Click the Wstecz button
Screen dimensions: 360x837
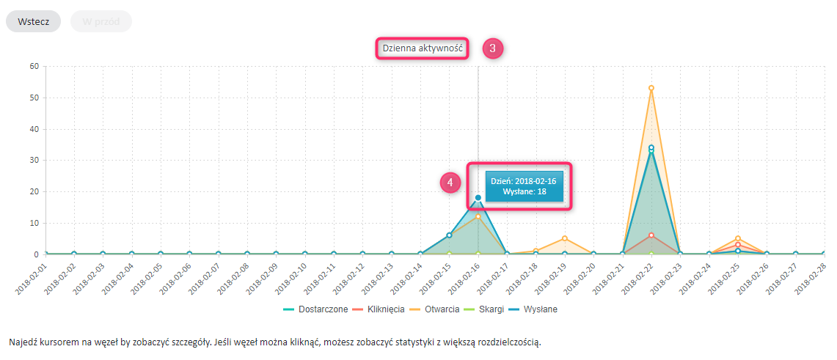point(33,21)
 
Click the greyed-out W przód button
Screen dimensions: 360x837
point(101,21)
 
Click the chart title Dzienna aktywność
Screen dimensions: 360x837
point(423,48)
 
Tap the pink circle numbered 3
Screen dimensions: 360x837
point(492,48)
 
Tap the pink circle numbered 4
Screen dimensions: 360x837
point(450,183)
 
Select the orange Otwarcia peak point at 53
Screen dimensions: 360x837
point(651,88)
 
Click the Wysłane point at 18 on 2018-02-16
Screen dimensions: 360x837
point(478,197)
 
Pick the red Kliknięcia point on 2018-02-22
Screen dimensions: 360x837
point(651,235)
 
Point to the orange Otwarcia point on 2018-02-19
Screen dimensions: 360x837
point(564,238)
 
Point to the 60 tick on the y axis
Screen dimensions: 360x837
point(34,66)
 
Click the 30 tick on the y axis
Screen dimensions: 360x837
point(34,160)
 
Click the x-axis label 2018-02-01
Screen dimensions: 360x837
point(30,279)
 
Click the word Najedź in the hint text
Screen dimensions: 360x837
point(24,342)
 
